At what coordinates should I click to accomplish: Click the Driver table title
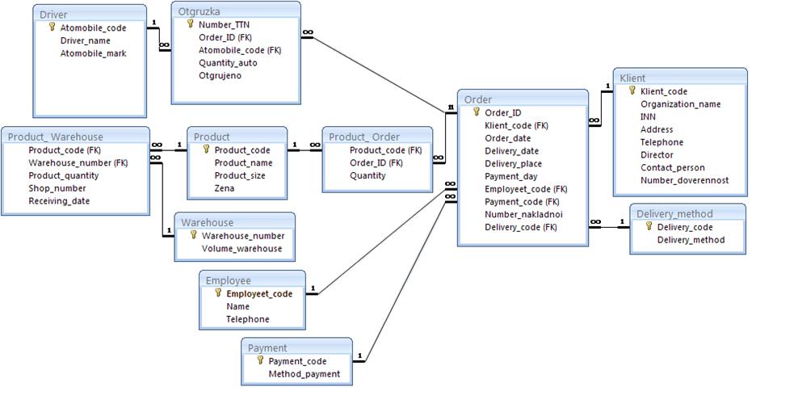54,15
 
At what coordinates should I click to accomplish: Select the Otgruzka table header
199,11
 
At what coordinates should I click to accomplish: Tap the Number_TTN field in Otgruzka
224,24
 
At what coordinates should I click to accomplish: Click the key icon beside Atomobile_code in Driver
52,27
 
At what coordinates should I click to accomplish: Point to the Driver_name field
85,40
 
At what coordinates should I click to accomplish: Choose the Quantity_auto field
228,62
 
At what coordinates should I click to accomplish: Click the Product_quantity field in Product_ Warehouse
64,175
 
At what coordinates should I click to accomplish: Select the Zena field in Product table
225,188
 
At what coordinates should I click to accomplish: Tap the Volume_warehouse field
242,248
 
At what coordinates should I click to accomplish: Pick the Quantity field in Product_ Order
367,175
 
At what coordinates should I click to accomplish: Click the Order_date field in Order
507,138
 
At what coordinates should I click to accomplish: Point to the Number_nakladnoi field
523,214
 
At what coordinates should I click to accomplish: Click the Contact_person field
673,167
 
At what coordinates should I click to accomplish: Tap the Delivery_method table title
674,213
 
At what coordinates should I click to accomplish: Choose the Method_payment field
304,374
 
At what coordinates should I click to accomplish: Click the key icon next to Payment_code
260,360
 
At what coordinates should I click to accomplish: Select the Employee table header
228,280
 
